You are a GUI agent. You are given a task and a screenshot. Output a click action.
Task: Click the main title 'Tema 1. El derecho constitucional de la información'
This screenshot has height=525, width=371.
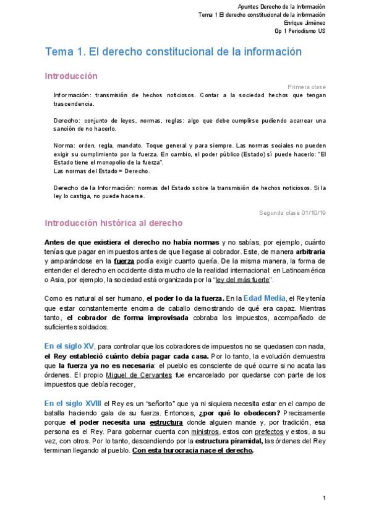[x=173, y=52]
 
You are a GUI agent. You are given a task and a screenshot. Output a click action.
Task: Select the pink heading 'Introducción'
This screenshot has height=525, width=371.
[x=71, y=76]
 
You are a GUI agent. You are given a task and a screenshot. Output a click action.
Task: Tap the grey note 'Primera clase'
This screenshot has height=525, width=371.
[x=307, y=87]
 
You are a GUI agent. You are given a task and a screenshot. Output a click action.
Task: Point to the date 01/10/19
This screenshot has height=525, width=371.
[x=314, y=213]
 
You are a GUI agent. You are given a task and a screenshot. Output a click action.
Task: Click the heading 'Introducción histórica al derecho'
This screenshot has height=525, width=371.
[x=113, y=223]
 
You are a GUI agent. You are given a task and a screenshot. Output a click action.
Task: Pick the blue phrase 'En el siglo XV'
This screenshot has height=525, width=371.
[x=69, y=345]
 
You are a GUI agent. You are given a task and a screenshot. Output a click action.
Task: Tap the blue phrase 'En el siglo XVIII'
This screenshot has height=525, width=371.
[x=73, y=402]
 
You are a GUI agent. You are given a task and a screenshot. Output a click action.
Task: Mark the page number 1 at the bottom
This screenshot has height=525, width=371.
[x=324, y=498]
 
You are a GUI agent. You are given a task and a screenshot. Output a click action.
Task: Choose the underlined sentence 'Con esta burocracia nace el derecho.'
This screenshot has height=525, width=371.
[x=192, y=451]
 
